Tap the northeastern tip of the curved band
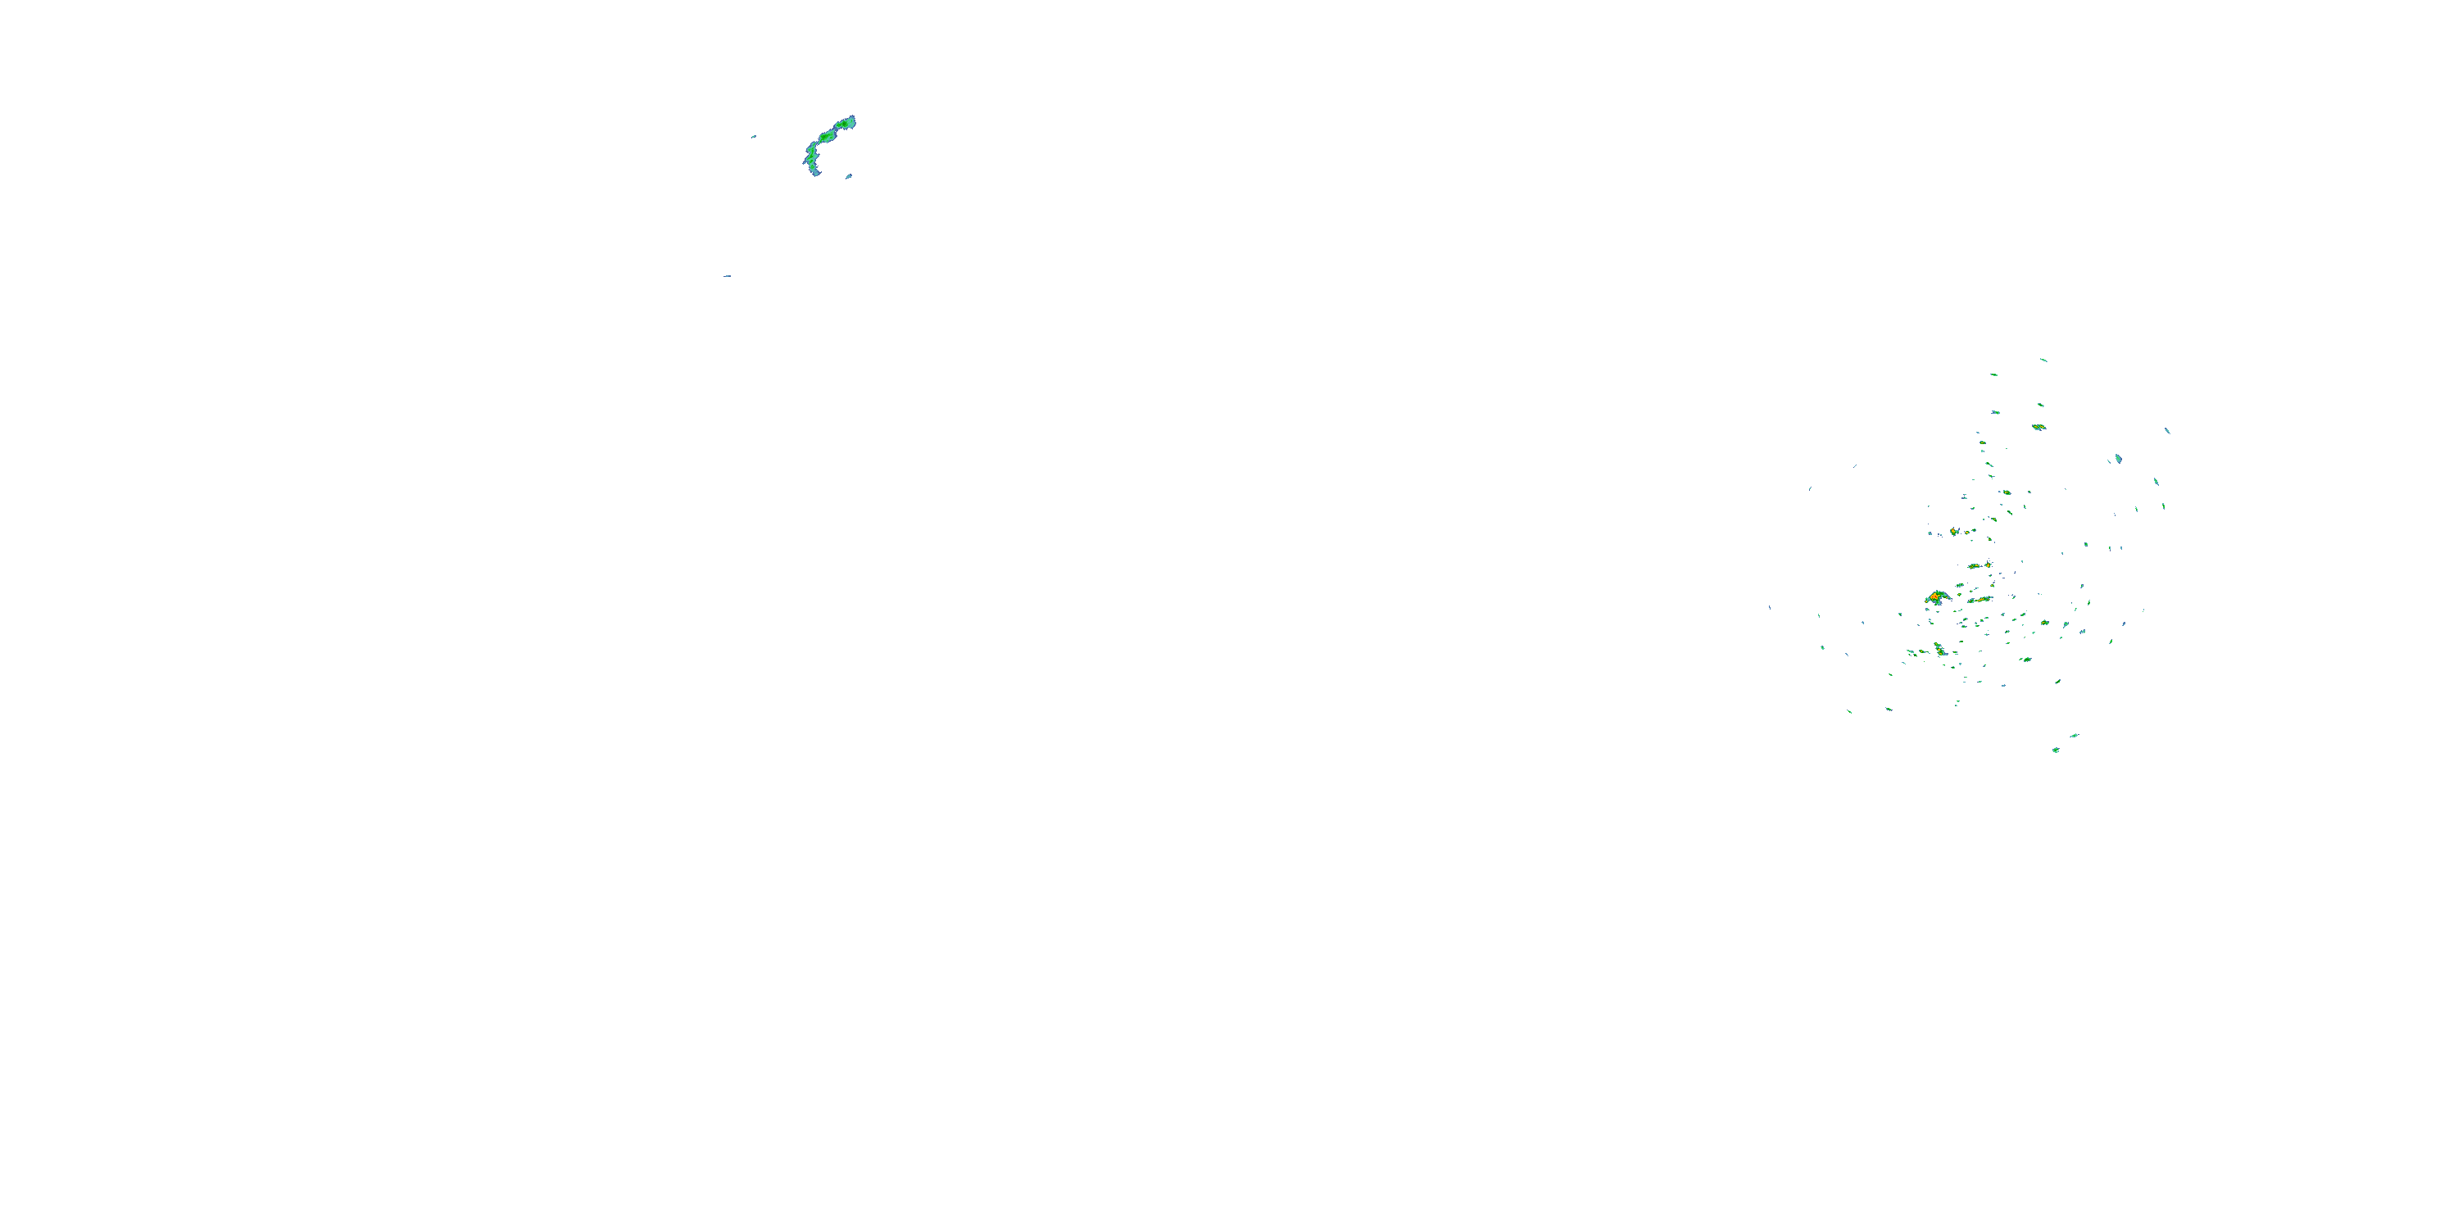click(x=851, y=120)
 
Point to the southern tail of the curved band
click(x=814, y=172)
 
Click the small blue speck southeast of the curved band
click(x=848, y=176)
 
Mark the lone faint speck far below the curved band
click(x=727, y=277)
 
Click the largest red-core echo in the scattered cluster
click(x=1937, y=598)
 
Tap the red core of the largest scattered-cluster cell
click(x=1934, y=597)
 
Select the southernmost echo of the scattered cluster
click(x=2057, y=750)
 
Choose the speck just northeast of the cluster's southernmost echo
click(x=2074, y=736)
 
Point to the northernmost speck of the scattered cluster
click(x=2043, y=360)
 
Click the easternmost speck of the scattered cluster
click(x=2167, y=430)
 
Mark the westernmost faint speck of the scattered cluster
click(x=1769, y=607)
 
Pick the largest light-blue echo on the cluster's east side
click(x=2118, y=459)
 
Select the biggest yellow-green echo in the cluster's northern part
click(x=2039, y=427)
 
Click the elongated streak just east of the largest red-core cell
click(x=1982, y=601)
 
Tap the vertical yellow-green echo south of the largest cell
click(x=1939, y=650)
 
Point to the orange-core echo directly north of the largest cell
click(x=1954, y=532)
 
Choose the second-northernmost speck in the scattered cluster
click(x=1993, y=375)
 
